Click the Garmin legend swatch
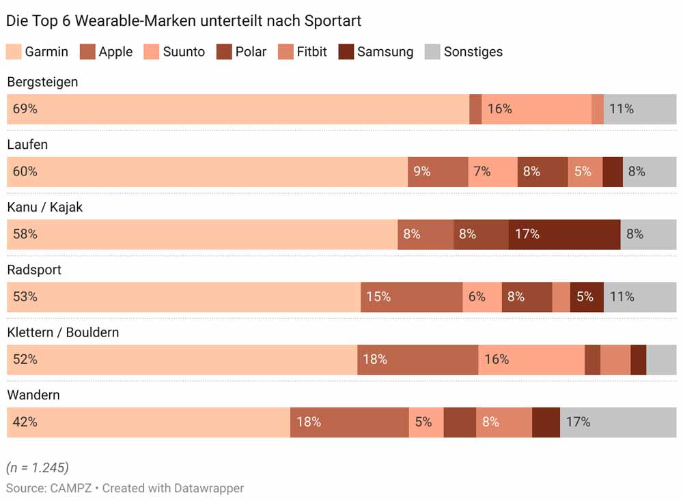(14, 52)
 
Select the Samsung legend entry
(376, 52)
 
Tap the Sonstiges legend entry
(464, 52)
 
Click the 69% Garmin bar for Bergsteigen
(238, 109)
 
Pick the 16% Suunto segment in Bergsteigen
(536, 109)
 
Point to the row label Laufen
(27, 145)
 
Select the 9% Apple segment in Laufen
(438, 172)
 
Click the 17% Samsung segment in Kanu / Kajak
(564, 234)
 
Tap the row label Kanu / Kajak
(44, 207)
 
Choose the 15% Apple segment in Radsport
(411, 297)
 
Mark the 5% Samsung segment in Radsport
(587, 297)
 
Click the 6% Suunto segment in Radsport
(482, 297)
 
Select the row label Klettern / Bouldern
(63, 332)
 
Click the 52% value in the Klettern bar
(25, 359)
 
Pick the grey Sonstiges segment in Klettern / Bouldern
(661, 360)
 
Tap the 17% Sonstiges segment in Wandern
(618, 423)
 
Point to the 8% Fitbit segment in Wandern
(504, 423)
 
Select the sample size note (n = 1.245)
(38, 468)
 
